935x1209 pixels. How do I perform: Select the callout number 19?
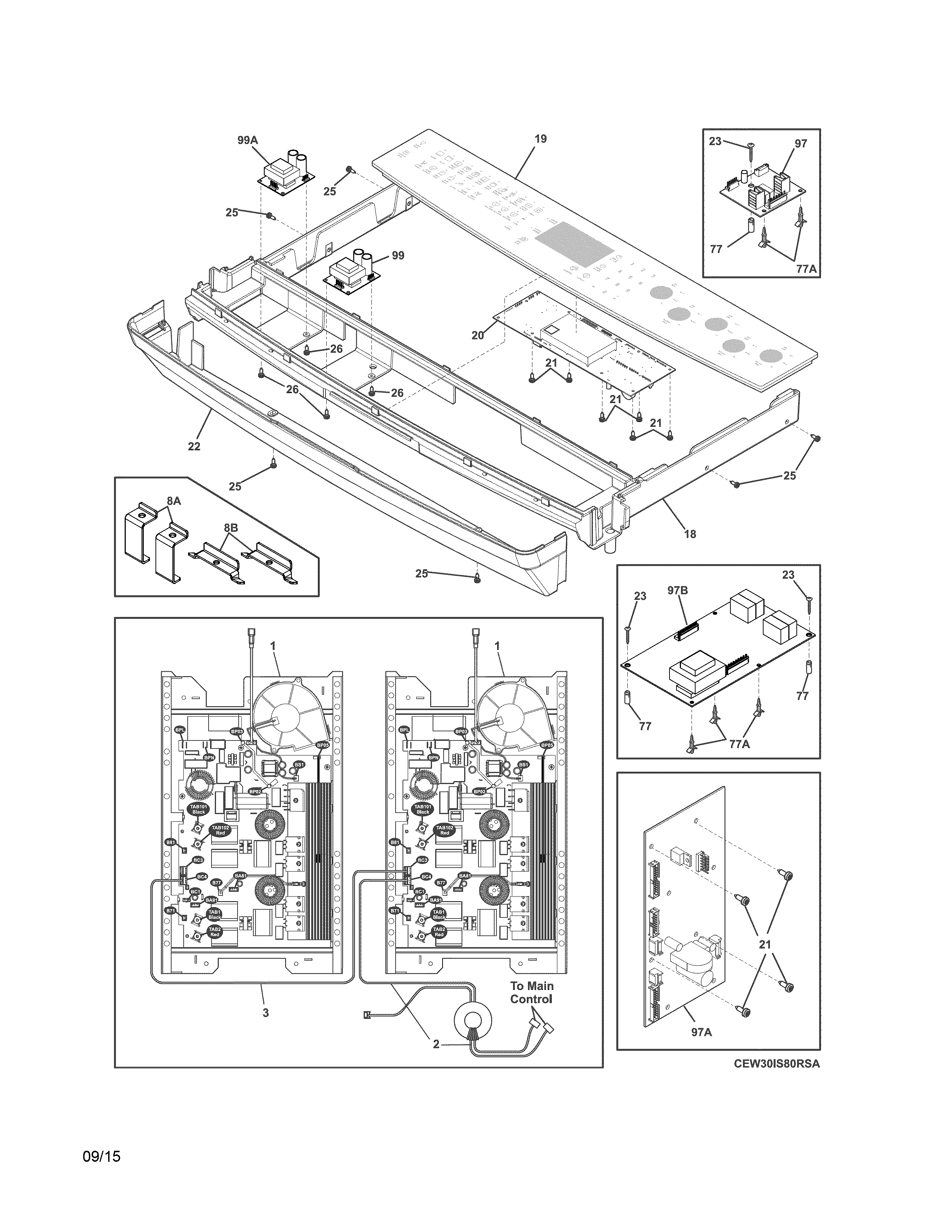tap(540, 139)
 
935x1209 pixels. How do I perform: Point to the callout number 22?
tap(194, 446)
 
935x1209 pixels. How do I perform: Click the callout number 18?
tap(690, 534)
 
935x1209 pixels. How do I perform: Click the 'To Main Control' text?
tap(531, 992)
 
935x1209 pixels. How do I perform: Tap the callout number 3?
tap(265, 1013)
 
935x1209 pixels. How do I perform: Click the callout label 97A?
tap(701, 1032)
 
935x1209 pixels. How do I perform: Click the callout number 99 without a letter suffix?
tap(398, 256)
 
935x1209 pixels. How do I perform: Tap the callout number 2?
tap(436, 1044)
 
